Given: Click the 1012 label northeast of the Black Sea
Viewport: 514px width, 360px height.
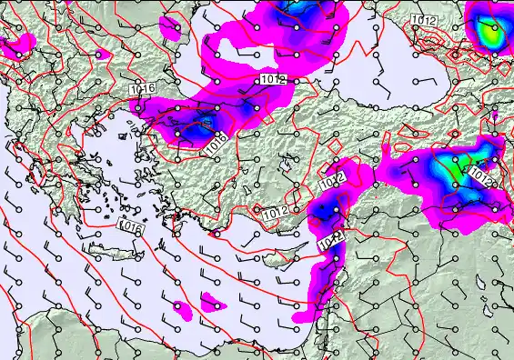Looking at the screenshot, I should coord(422,19).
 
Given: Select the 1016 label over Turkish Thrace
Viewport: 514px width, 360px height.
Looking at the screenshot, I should coord(142,89).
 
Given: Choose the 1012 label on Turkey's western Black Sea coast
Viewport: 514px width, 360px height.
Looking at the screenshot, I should coord(273,80).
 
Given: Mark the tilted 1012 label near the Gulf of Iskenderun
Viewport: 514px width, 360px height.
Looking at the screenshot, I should coord(331,182).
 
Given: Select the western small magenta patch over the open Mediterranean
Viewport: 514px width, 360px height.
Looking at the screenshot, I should coord(183,311).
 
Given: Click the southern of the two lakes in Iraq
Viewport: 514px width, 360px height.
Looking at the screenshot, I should coord(499,309).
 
